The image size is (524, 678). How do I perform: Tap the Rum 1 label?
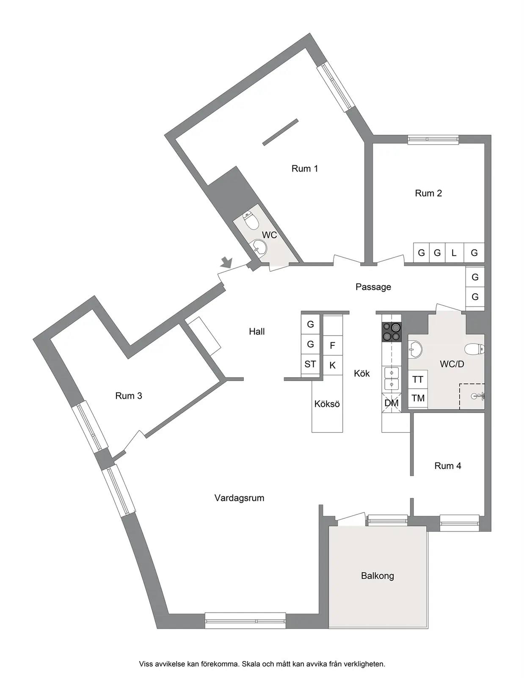click(304, 169)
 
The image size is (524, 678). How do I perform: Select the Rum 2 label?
click(428, 194)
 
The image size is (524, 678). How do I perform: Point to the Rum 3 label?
click(128, 396)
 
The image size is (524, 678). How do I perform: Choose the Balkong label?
click(377, 575)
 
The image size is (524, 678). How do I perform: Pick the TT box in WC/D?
click(418, 379)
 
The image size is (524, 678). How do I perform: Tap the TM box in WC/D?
click(418, 398)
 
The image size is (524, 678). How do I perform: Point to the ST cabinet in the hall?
click(310, 364)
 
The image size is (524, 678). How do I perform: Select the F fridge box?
click(333, 345)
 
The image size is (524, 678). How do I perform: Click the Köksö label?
click(327, 404)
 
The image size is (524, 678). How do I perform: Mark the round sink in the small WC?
click(259, 247)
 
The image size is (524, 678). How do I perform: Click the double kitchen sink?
click(392, 378)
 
